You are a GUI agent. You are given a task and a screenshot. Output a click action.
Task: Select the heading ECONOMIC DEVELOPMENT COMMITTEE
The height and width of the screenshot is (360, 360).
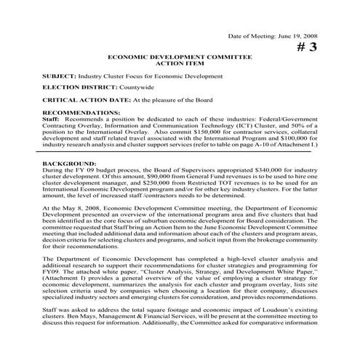pyautogui.click(x=180, y=55)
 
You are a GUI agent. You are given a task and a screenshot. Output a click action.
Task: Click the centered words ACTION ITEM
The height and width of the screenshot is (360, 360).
pyautogui.click(x=180, y=62)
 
